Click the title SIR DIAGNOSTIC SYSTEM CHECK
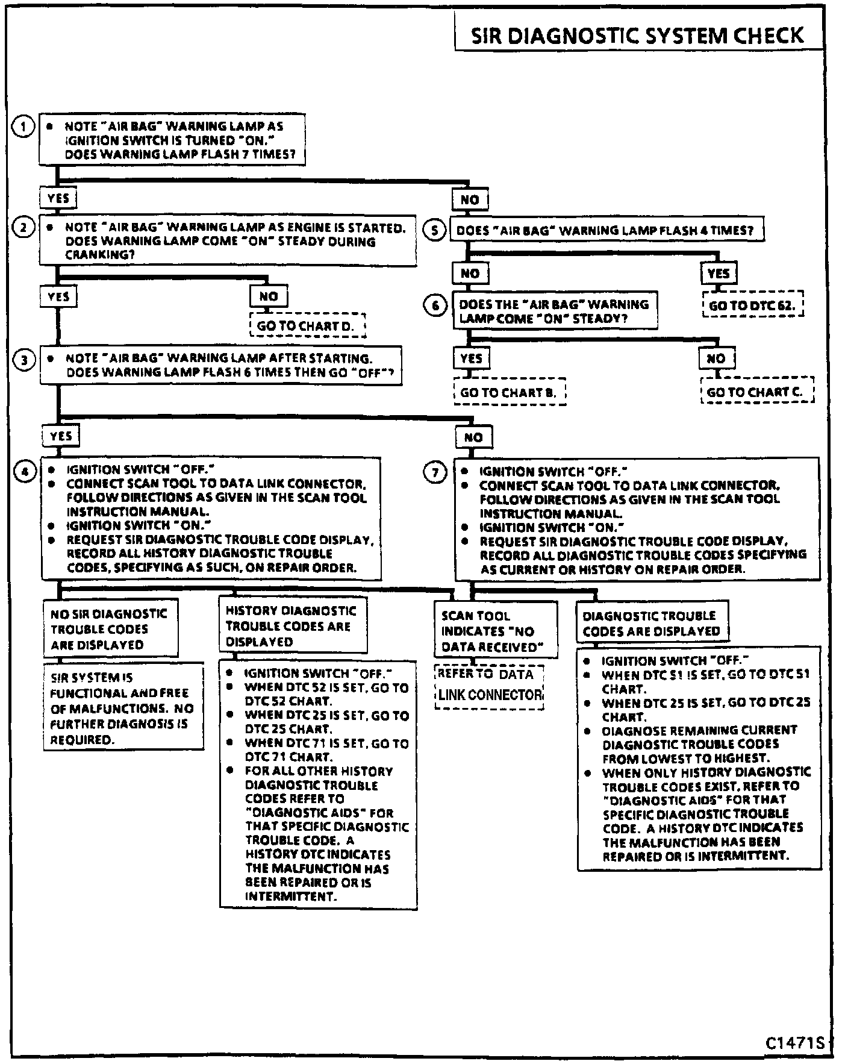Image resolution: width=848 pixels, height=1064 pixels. pos(637,36)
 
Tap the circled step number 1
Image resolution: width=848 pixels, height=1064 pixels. pos(23,127)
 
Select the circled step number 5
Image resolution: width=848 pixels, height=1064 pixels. pos(435,230)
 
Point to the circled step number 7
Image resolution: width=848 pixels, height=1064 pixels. pos(435,472)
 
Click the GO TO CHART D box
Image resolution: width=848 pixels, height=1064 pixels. pos(307,326)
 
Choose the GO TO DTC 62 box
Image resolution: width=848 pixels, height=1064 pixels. pos(752,305)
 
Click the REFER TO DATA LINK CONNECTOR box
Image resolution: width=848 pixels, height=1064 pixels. pos(489,686)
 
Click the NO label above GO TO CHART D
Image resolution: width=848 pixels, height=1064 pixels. pos(269,296)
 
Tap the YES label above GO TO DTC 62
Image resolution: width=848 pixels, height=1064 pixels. pos(719,274)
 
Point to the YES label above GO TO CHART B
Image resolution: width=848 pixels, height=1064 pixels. pos(471,358)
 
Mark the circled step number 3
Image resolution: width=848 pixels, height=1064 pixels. pos(24,361)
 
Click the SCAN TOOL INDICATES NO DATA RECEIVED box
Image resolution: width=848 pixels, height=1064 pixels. pos(495,631)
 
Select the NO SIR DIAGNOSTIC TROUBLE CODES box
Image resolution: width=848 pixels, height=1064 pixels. pos(110,629)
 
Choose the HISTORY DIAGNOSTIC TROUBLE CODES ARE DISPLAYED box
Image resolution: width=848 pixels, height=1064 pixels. pos(292,626)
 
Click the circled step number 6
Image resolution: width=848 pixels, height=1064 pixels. pos(435,305)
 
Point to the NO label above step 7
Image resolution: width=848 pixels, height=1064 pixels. pos(473,437)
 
